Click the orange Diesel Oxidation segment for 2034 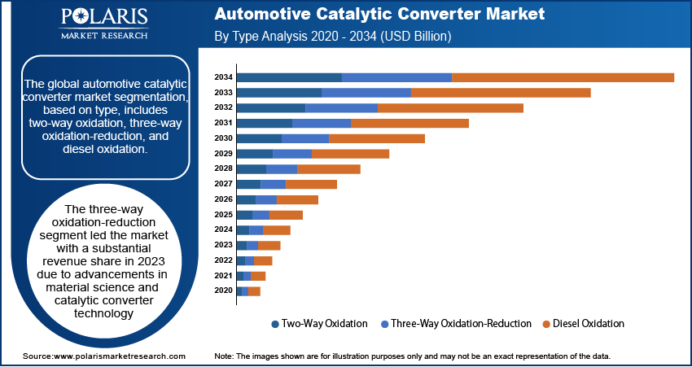pyautogui.click(x=563, y=77)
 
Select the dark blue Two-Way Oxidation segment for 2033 pyautogui.click(x=279, y=93)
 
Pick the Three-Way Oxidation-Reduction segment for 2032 pyautogui.click(x=341, y=107)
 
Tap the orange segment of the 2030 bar pyautogui.click(x=376, y=138)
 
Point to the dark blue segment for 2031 pyautogui.click(x=264, y=123)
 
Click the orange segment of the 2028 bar pyautogui.click(x=329, y=169)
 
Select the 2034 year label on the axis pyautogui.click(x=223, y=77)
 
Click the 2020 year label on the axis pyautogui.click(x=223, y=291)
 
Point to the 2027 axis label pyautogui.click(x=223, y=184)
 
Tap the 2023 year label pyautogui.click(x=223, y=245)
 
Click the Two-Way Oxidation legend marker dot pyautogui.click(x=274, y=324)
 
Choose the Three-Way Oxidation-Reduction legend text pyautogui.click(x=461, y=324)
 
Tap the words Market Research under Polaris pyautogui.click(x=104, y=35)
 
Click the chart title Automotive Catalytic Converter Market pyautogui.click(x=379, y=15)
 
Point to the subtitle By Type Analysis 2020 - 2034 pyautogui.click(x=332, y=37)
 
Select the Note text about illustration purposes pyautogui.click(x=412, y=356)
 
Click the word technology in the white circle pyautogui.click(x=103, y=312)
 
